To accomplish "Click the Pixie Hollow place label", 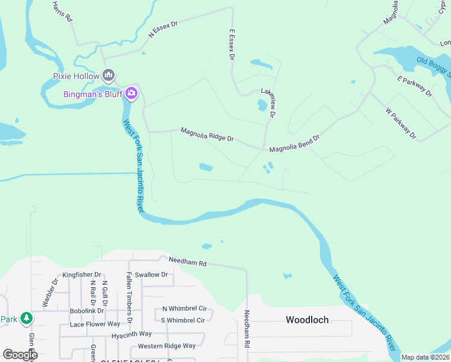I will coord(75,76).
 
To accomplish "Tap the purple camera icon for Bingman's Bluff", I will coord(131,94).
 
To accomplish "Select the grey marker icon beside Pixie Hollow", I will coord(109,75).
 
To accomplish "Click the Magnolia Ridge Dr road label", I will coord(207,134).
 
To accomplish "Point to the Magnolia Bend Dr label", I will coord(294,143).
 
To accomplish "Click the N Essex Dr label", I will coord(163,30).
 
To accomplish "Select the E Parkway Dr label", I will coord(415,86).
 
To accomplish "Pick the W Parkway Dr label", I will coord(401,123).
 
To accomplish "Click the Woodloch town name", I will coord(307,320).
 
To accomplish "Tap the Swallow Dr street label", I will coord(151,275).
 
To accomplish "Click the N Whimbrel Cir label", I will coord(184,308).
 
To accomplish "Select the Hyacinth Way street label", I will coord(127,334).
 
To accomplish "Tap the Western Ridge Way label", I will coord(166,346).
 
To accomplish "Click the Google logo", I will coord(20,355).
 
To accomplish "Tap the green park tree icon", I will coord(26,317).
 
